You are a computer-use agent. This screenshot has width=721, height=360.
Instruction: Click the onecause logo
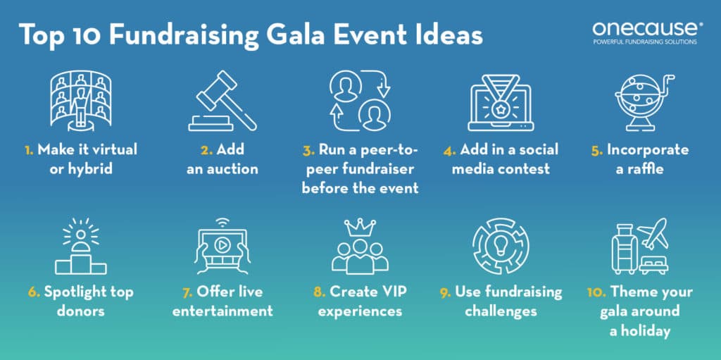coord(637,30)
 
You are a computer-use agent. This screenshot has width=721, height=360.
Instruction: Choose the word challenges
coord(501,311)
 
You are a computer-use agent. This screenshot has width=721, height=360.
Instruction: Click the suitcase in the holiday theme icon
coord(622,251)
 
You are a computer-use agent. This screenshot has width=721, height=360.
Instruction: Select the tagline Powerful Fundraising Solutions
coord(637,42)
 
